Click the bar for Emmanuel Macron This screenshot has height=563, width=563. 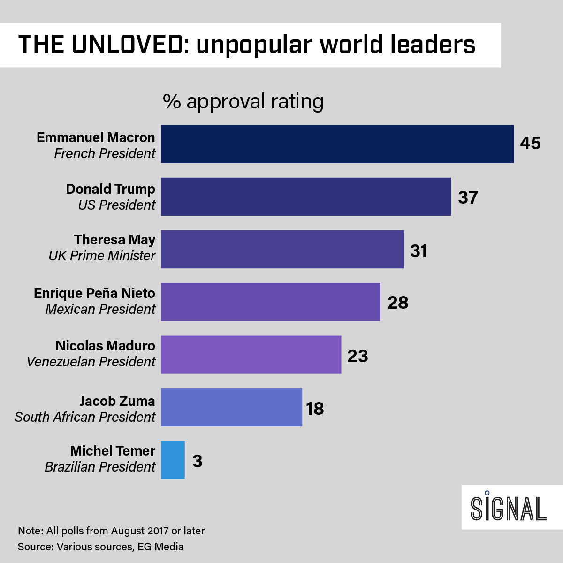[x=337, y=144]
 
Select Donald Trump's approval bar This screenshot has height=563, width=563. [x=306, y=197]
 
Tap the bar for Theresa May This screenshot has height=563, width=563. [x=282, y=249]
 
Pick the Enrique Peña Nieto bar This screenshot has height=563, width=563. [x=271, y=302]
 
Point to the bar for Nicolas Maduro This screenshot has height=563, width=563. [x=251, y=354]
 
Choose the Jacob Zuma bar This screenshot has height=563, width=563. [x=231, y=407]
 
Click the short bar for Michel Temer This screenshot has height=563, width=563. [x=173, y=460]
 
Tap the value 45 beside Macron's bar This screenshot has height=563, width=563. [x=530, y=143]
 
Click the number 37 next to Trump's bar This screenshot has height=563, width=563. [x=468, y=198]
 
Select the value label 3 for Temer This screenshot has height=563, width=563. [x=198, y=461]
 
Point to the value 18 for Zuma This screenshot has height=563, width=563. [x=315, y=409]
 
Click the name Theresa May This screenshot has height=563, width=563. [x=114, y=240]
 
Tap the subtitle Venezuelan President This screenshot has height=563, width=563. [x=91, y=362]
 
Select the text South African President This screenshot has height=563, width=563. [x=85, y=417]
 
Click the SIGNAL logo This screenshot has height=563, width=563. [x=509, y=508]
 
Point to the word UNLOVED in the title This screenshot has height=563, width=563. [x=127, y=45]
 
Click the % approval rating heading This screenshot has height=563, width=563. [x=243, y=101]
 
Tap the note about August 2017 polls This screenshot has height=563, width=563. [x=111, y=531]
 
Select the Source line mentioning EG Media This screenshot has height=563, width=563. [x=100, y=547]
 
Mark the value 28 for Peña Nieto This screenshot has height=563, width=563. [x=398, y=303]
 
